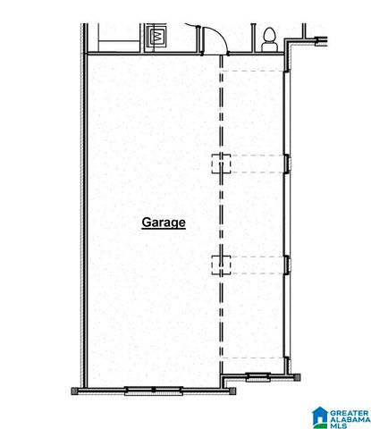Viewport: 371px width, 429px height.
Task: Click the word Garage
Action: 164,222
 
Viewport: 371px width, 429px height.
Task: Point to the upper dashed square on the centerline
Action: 221,163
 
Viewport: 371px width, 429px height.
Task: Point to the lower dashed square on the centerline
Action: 221,263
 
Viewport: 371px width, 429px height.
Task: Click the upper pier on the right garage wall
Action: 287,162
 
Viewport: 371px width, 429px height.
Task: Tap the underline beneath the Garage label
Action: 164,230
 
